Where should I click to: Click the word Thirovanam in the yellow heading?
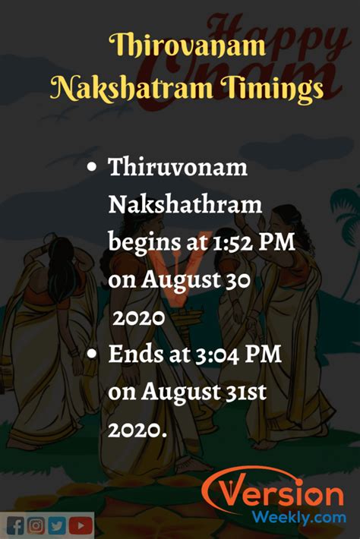(x=188, y=46)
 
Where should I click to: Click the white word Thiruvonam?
(x=178, y=167)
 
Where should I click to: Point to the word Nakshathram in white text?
(x=185, y=204)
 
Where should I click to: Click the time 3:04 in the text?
(x=217, y=355)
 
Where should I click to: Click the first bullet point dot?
(x=91, y=168)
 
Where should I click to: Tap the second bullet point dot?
(x=91, y=354)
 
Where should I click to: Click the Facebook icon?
(x=15, y=526)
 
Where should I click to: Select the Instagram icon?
(x=36, y=525)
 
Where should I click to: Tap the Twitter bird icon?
(x=57, y=525)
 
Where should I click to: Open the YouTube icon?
(x=81, y=525)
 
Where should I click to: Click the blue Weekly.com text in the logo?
(x=298, y=517)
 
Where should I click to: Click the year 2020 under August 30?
(x=139, y=318)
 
